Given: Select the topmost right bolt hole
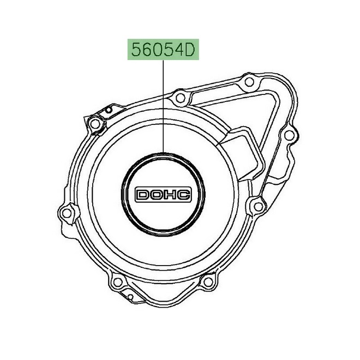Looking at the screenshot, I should (250, 82).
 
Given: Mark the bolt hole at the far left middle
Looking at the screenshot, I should (67, 212).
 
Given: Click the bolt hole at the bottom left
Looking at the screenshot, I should (115, 283).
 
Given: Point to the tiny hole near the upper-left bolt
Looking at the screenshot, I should (109, 112).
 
